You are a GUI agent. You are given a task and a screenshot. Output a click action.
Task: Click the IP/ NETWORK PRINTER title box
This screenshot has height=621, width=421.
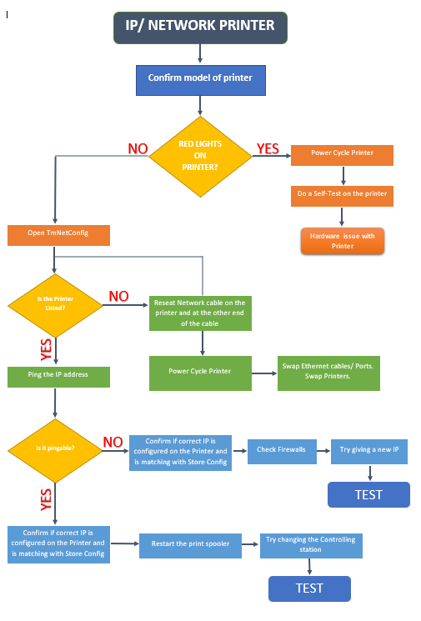click(200, 27)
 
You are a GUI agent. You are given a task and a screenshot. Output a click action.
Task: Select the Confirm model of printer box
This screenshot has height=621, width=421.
click(200, 79)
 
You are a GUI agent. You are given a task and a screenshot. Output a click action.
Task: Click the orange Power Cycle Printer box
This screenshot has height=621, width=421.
click(343, 153)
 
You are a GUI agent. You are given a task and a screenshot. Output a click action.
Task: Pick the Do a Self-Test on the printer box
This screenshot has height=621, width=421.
click(343, 193)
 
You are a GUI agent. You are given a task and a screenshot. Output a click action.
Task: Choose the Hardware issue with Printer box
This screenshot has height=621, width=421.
click(343, 241)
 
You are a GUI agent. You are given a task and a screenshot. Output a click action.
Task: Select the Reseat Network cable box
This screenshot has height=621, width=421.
click(201, 313)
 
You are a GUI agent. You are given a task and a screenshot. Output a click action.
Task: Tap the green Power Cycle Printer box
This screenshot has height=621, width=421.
click(200, 373)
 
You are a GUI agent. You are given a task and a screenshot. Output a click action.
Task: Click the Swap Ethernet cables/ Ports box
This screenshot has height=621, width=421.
click(328, 373)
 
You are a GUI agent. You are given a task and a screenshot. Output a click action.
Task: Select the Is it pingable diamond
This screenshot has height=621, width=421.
click(55, 449)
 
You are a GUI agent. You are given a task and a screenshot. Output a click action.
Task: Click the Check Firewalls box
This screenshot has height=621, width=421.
click(281, 450)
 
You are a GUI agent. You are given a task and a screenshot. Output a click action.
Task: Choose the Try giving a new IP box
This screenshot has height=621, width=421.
click(369, 450)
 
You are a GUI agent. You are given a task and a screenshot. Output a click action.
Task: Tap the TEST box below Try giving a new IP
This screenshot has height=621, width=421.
click(368, 494)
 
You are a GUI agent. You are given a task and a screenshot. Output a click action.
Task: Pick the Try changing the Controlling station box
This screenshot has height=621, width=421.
click(310, 544)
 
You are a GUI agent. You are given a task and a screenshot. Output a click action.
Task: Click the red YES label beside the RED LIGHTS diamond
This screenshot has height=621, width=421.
click(268, 148)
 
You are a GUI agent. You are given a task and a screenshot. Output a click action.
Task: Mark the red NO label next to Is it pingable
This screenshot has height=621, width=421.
click(113, 442)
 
